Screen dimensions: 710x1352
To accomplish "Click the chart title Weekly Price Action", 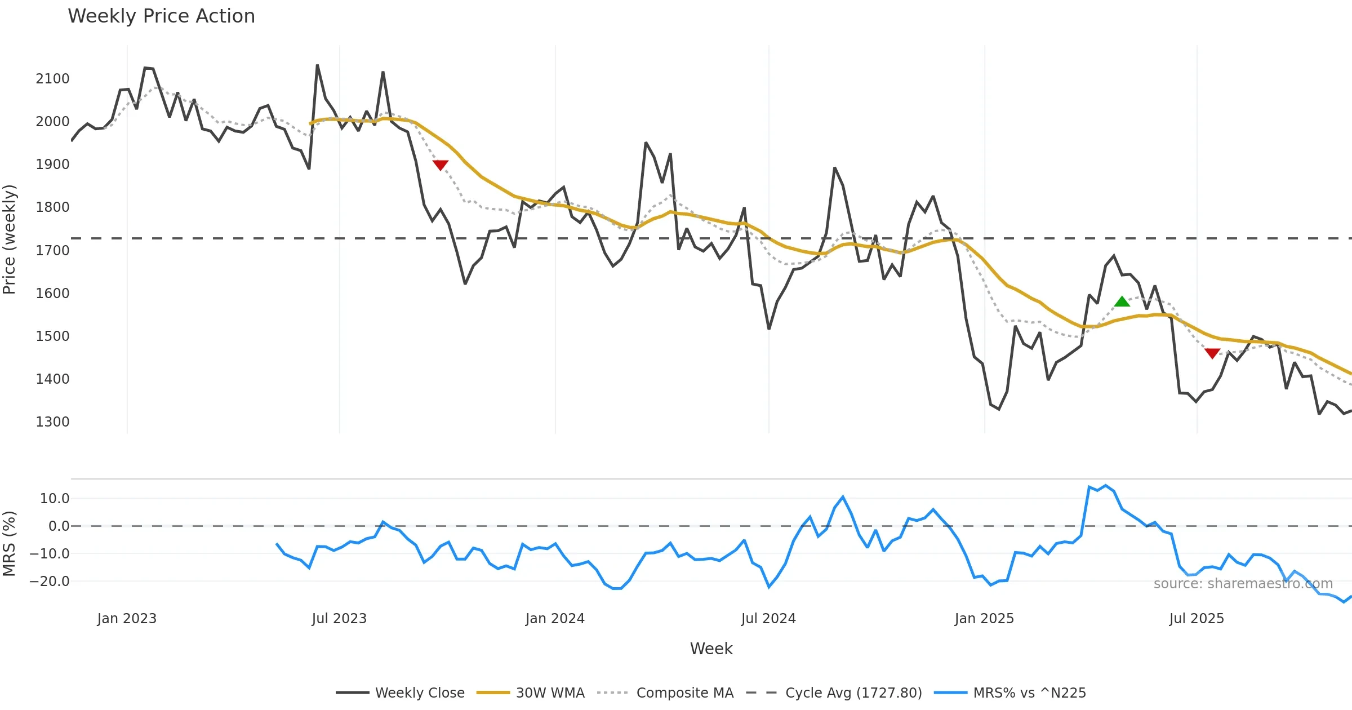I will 161,16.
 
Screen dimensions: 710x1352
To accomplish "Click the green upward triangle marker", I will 1122,301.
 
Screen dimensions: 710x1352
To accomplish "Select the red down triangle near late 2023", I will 440,165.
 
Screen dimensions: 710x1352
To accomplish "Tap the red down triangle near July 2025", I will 1212,353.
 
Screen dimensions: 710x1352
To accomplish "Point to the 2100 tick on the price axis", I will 52,78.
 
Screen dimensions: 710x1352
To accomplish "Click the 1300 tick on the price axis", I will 52,421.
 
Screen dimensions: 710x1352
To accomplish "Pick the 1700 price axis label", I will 52,250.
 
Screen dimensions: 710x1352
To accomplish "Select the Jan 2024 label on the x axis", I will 555,619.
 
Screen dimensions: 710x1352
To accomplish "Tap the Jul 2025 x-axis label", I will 1197,619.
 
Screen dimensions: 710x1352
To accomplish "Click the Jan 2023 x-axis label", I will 127,619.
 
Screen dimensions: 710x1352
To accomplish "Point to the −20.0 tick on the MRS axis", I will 50,581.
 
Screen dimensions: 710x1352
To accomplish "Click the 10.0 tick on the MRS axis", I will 55,498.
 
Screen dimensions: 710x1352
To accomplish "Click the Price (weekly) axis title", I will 10,239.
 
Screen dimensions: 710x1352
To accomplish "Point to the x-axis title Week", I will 711,649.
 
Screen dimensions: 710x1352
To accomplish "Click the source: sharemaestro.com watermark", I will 1243,583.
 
